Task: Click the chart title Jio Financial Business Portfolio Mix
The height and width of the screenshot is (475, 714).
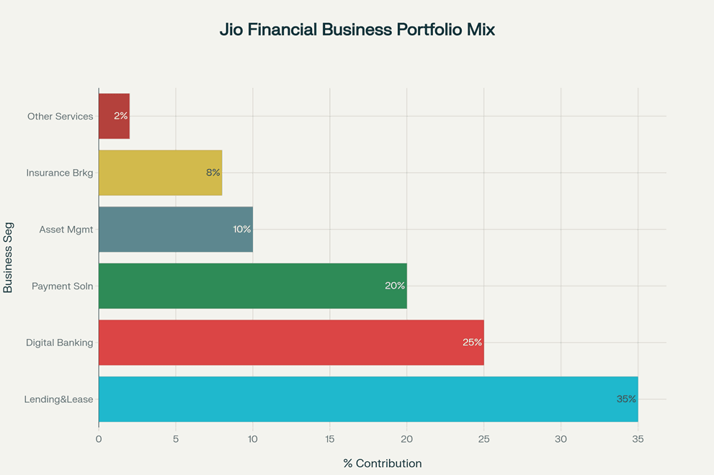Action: tap(357, 30)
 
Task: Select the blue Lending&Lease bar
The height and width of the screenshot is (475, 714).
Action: tap(367, 399)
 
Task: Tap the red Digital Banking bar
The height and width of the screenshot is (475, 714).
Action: tap(290, 343)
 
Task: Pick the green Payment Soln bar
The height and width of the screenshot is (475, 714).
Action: tap(252, 286)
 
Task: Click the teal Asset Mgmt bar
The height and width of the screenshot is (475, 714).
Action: tap(175, 230)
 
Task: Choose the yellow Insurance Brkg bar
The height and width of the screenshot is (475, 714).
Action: tap(160, 173)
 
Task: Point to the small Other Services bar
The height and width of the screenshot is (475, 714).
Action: tap(114, 116)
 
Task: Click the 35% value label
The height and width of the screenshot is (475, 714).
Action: tap(626, 399)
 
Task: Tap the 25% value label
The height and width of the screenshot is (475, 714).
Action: tap(472, 343)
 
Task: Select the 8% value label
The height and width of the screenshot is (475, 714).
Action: tap(213, 173)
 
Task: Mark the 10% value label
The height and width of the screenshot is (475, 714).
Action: tap(241, 230)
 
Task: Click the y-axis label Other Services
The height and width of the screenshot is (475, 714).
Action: tap(61, 116)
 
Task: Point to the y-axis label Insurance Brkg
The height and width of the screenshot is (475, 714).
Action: tap(60, 173)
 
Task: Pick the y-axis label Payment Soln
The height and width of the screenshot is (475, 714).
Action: tap(63, 286)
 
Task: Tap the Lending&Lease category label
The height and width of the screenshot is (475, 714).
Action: tap(59, 399)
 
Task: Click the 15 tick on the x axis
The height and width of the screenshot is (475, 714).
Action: tap(329, 438)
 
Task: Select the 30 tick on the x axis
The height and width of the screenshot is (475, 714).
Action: tap(561, 438)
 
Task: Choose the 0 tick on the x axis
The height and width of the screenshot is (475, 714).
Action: tap(99, 438)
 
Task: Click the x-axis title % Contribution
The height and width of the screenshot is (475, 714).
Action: tap(383, 463)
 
